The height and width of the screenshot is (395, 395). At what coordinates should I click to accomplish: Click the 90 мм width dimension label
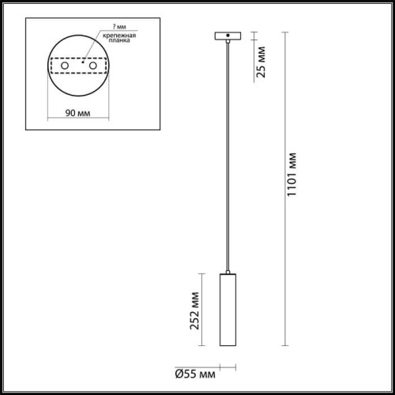(77, 113)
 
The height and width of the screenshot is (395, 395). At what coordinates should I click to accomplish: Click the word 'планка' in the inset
(117, 43)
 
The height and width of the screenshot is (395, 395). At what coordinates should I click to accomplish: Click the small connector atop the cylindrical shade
(228, 269)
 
